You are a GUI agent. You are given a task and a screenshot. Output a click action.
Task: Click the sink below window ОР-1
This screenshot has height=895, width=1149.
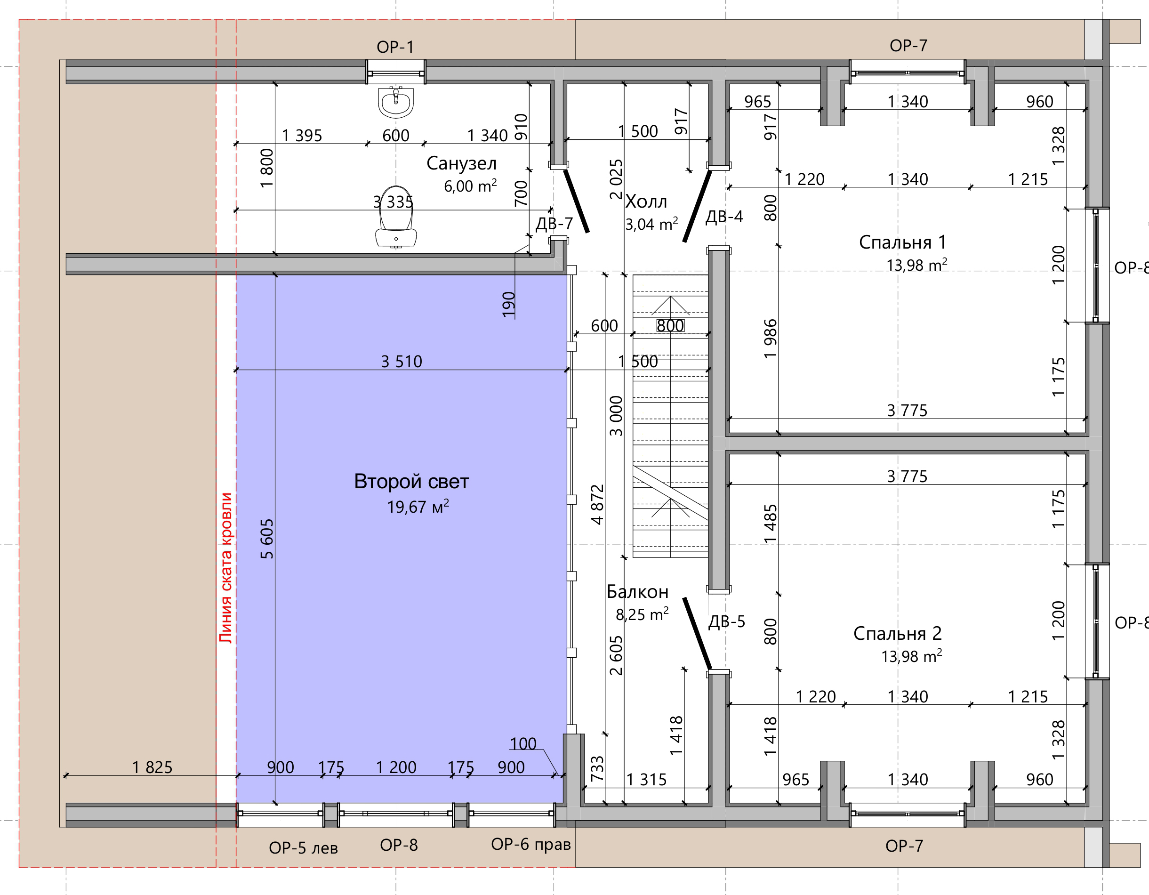(395, 102)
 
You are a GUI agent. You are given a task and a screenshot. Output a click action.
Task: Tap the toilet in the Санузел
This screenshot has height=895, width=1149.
(396, 216)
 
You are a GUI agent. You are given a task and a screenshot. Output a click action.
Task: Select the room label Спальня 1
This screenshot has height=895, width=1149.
(902, 242)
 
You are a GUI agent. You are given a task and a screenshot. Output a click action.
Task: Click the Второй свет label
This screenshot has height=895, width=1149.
(411, 482)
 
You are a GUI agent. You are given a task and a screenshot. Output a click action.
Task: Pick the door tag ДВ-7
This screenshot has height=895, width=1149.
(554, 224)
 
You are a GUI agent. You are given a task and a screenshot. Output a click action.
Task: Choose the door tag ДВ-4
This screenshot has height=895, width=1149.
(724, 216)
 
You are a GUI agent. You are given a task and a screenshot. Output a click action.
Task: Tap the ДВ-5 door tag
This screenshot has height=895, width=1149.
(727, 621)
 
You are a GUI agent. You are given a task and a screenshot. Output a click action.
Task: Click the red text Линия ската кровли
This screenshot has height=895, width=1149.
(225, 568)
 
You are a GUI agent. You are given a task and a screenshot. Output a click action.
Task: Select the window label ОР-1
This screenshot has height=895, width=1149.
(395, 47)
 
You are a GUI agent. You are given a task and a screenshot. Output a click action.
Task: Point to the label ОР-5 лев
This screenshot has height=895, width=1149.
(303, 847)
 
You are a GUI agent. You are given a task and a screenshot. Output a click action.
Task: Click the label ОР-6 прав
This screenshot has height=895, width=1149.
(531, 844)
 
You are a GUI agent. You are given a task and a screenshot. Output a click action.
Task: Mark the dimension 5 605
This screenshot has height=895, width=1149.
(267, 538)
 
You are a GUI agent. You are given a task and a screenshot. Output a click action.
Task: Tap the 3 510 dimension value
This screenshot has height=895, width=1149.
(402, 362)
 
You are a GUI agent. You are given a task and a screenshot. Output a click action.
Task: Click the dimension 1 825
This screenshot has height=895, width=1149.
(152, 767)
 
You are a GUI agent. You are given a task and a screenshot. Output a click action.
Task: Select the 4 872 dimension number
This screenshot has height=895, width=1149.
(597, 505)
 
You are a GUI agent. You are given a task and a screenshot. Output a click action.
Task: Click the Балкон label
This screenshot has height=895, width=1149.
(637, 592)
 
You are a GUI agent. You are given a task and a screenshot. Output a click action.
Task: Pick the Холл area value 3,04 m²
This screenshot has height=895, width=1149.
(651, 224)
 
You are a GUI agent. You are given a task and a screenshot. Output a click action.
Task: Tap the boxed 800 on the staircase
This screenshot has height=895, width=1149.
(670, 326)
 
